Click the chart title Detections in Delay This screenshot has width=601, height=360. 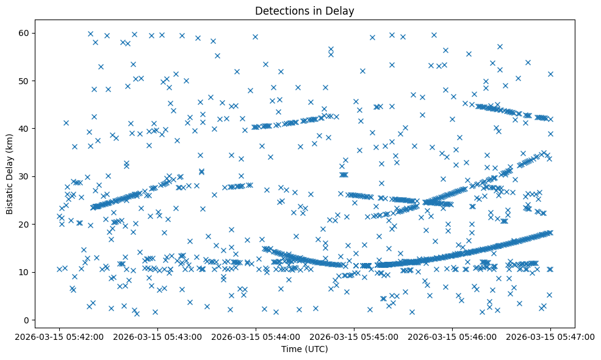pos(304,10)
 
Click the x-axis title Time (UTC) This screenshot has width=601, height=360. pos(304,349)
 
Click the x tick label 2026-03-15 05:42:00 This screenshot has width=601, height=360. pos(59,336)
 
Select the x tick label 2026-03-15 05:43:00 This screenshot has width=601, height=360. pos(157,336)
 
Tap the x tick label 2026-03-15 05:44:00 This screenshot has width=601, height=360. pos(256,336)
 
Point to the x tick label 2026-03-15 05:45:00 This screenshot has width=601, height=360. pos(354,336)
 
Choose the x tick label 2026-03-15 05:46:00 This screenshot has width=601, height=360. pos(452,336)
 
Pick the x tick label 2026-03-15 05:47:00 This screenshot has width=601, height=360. pos(550,336)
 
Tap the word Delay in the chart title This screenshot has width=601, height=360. pos(341,10)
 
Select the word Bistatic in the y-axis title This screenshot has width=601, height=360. pos(10,194)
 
